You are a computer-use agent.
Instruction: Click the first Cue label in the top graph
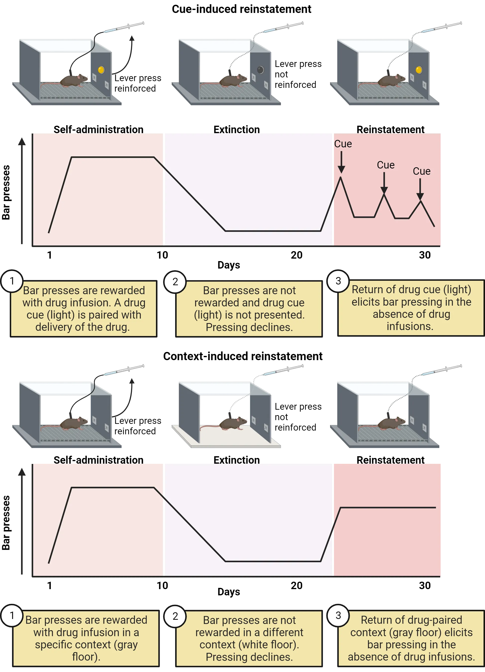pos(343,144)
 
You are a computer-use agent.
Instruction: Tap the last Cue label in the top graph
pos(421,171)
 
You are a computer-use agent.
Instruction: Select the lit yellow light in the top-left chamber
pos(101,70)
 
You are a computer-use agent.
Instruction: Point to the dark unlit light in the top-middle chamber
pos(260,70)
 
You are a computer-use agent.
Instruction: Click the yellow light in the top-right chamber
pos(419,70)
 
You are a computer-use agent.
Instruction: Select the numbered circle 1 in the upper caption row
pos(12,280)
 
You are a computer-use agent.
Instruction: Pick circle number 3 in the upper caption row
pos(338,280)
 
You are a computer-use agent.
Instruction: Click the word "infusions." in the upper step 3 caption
pos(410,326)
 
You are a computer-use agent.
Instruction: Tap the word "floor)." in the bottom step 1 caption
pos(86,657)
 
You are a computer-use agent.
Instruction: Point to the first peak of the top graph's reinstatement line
pos(340,178)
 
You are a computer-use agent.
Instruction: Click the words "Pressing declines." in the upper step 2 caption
pos(249,327)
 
